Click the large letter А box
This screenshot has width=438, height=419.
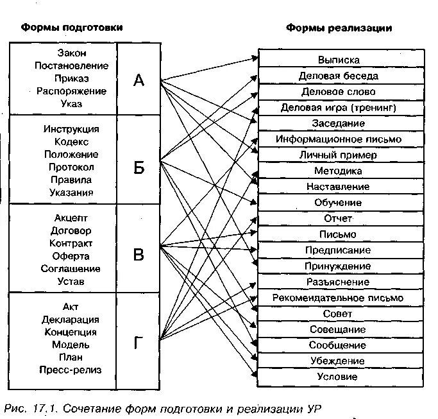139,80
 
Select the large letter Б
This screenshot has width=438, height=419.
139,168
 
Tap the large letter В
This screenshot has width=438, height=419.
139,255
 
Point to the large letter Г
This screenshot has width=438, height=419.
139,344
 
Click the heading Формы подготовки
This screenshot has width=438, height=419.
71,28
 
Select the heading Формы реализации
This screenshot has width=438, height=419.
339,28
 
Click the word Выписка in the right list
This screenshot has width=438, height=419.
339,60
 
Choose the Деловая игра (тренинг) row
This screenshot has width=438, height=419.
339,107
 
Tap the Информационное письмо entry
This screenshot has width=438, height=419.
339,139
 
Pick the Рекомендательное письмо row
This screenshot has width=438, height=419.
338,298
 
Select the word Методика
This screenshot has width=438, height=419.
338,171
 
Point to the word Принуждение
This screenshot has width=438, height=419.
338,266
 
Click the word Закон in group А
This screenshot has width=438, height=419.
71,53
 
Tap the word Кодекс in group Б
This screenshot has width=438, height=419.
71,142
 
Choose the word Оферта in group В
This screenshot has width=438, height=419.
71,256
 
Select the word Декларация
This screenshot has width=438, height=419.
71,320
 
